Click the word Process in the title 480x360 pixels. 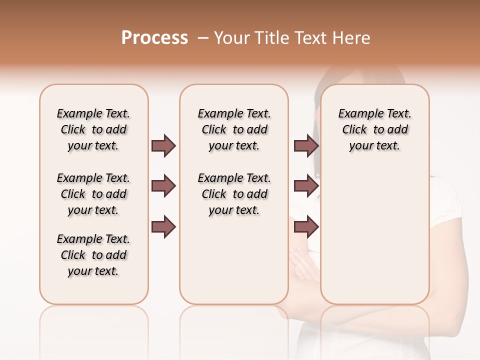coord(154,38)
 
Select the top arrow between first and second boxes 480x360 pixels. coord(163,146)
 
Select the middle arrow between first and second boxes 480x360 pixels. coord(163,186)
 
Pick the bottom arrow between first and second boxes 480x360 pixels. coord(163,226)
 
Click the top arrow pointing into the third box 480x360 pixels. coord(306,146)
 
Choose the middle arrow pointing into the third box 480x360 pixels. coord(306,186)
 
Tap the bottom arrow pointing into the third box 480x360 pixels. coord(306,226)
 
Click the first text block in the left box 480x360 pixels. coord(93,129)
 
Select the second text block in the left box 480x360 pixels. coord(93,194)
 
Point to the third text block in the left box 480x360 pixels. coord(93,255)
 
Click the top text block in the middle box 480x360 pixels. coord(234,129)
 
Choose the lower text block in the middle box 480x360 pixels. coord(234,194)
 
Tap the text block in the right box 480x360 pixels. coord(374,129)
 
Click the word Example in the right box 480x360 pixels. coord(357,114)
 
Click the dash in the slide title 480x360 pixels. coord(202,38)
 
